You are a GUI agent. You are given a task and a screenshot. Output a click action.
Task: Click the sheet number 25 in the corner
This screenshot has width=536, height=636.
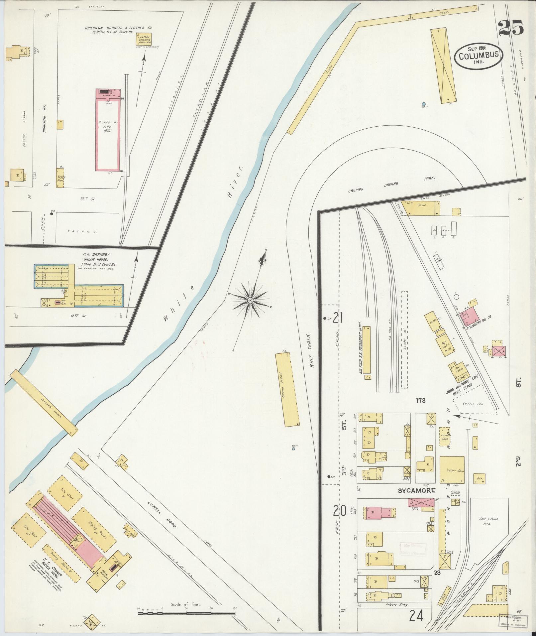click(x=510, y=28)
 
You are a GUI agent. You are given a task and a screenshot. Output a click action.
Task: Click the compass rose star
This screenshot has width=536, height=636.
click(x=250, y=301)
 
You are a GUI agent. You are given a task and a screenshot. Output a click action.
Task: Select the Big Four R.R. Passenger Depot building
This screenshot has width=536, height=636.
click(x=367, y=353)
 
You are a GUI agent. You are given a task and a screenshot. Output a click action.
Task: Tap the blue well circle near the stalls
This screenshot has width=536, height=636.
click(x=424, y=104)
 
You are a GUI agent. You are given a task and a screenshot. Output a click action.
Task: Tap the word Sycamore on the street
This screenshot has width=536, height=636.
click(x=413, y=491)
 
